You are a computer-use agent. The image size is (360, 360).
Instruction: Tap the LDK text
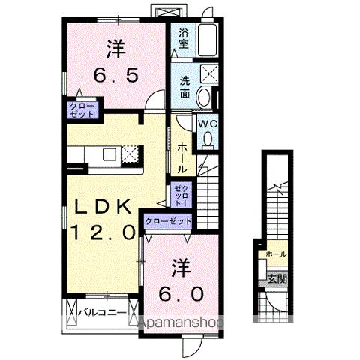click(104, 208)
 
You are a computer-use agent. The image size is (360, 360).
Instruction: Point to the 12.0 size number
click(104, 232)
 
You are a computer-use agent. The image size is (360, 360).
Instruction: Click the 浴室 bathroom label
click(182, 39)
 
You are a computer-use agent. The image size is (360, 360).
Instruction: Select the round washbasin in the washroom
click(205, 97)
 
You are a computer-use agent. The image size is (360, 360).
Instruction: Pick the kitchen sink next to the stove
click(109, 154)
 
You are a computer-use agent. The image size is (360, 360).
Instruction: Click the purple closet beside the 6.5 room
click(82, 111)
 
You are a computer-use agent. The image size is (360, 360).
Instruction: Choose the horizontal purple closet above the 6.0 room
click(167, 221)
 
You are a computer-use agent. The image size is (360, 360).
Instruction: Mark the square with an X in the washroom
click(208, 73)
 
